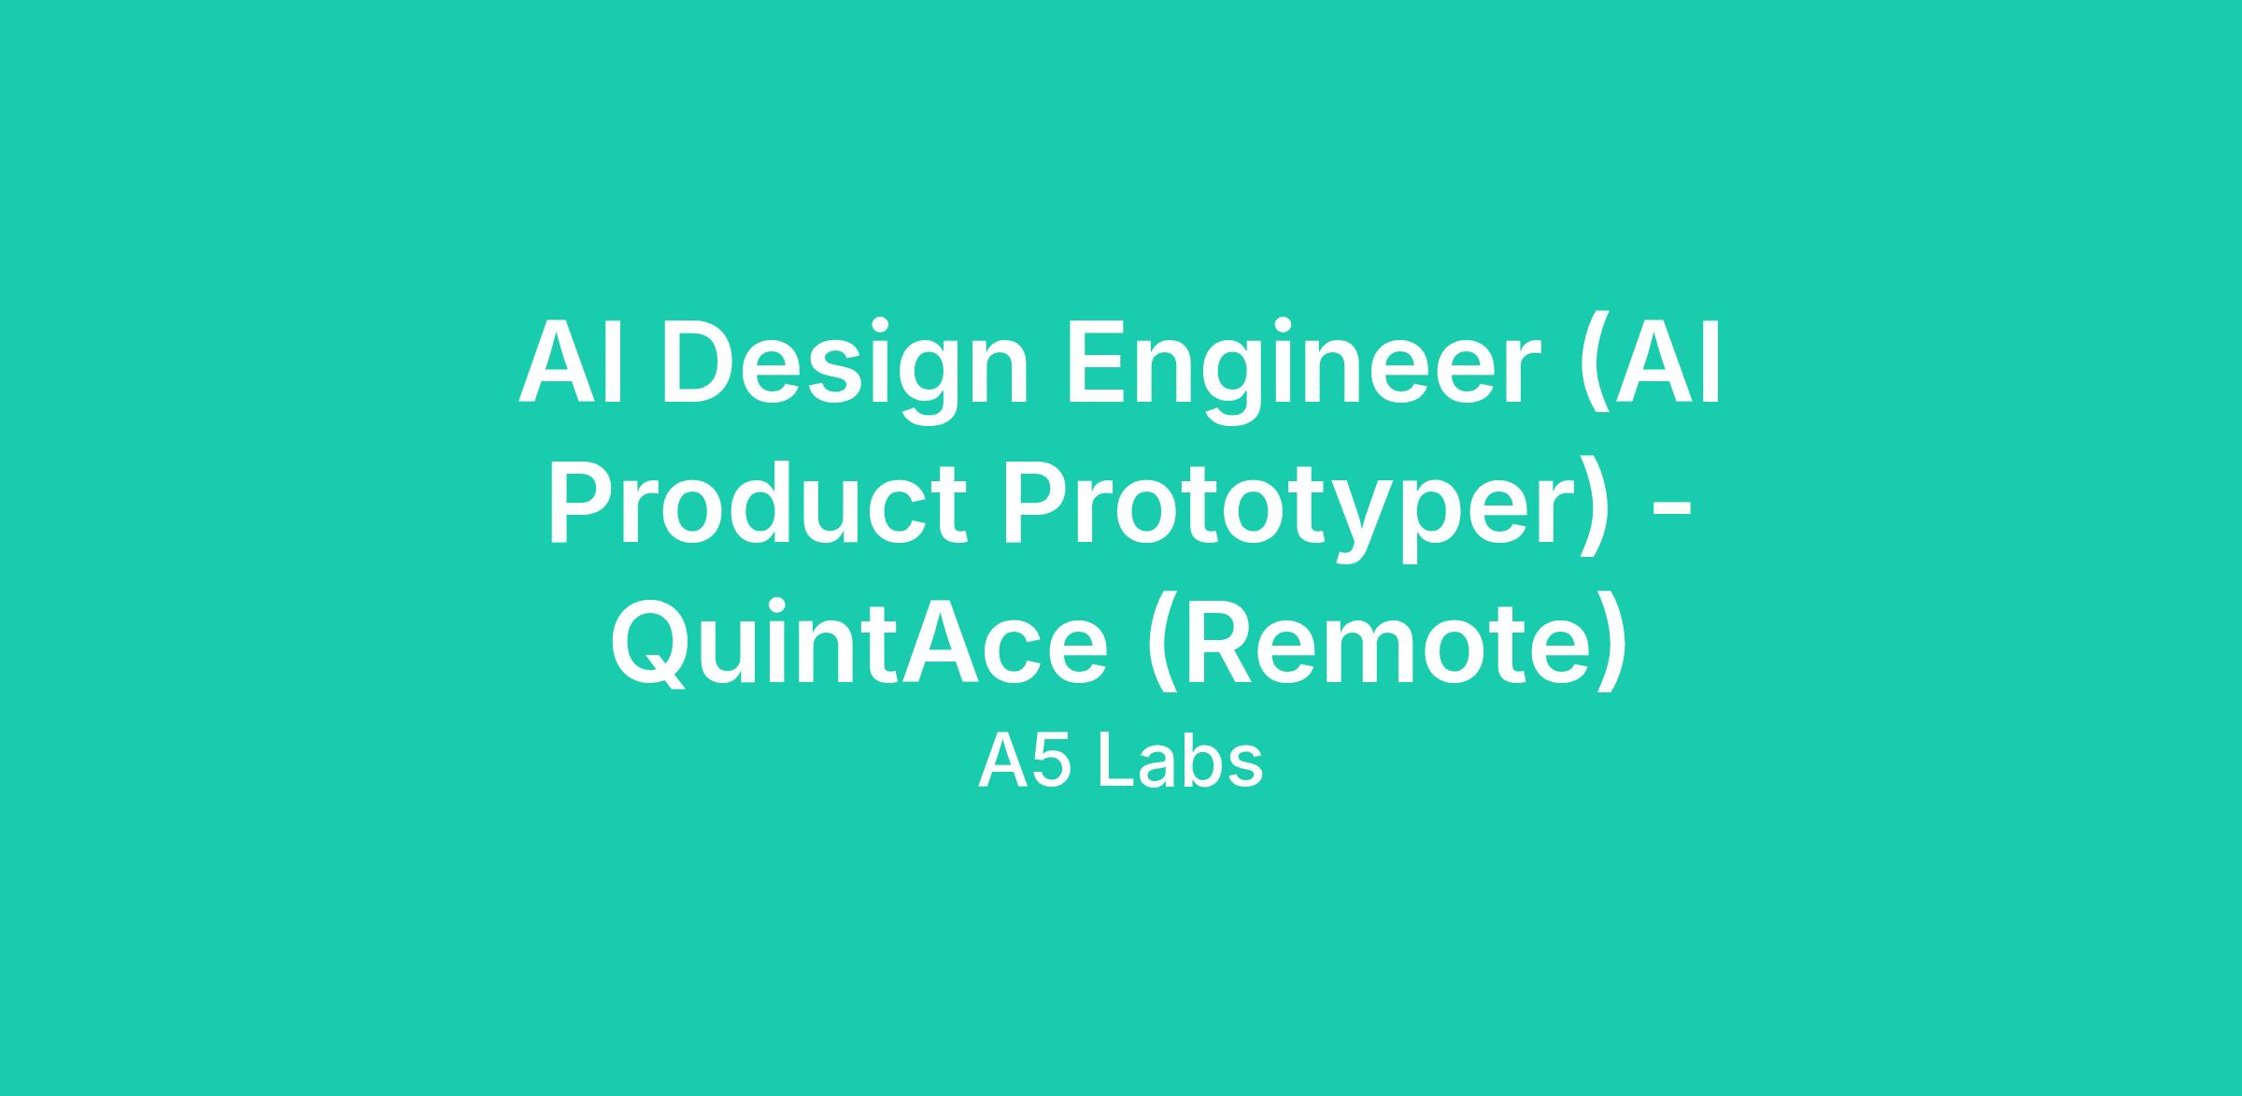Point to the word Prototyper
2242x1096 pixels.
tap(1289, 513)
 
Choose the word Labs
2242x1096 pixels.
tap(1180, 762)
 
